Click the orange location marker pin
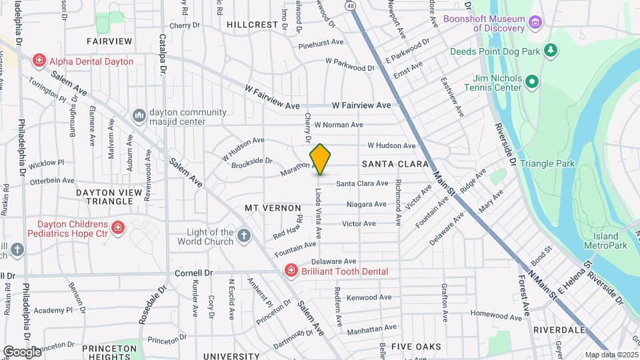320,159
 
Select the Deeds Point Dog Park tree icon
550,51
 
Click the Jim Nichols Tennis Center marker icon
531,82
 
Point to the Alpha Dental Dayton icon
39,61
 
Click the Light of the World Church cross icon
245,235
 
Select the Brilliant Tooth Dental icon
291,271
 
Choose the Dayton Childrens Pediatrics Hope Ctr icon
118,229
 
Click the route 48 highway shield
350,5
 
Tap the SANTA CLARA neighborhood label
389,163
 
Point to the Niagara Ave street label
366,204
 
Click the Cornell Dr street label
193,273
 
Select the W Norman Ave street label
339,125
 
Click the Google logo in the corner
22,351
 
